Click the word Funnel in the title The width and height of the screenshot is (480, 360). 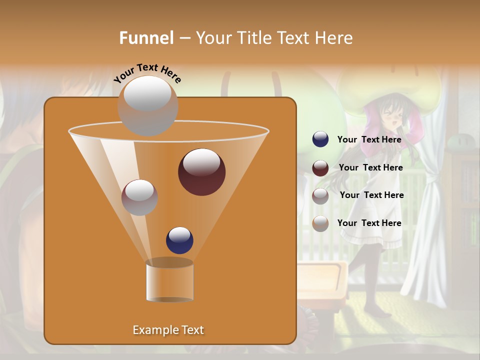[146, 37]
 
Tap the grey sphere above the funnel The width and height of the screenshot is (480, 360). [147, 105]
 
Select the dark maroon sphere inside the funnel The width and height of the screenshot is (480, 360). [201, 172]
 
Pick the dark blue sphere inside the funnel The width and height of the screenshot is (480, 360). [179, 240]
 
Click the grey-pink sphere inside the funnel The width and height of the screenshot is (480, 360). [139, 197]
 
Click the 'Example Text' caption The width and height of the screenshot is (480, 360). [168, 330]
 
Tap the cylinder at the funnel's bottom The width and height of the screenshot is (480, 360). [169, 281]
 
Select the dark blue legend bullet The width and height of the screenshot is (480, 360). [320, 139]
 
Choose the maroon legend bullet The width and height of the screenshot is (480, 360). [320, 168]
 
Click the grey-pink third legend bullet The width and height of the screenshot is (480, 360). [320, 195]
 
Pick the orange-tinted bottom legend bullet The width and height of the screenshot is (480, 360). [320, 223]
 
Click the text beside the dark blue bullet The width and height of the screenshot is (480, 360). [369, 139]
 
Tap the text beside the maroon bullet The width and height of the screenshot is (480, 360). [370, 167]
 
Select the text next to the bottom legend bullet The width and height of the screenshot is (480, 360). [369, 223]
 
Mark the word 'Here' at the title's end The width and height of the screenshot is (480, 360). [335, 37]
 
